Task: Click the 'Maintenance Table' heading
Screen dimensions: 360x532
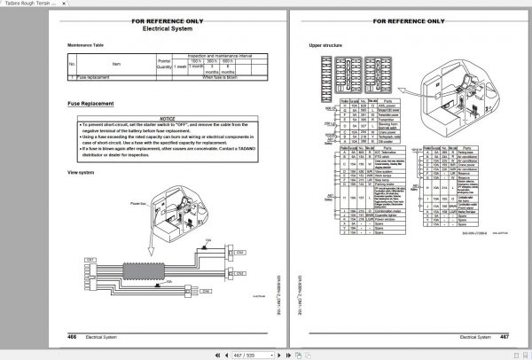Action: coord(87,44)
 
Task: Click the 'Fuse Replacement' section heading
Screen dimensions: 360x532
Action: coord(90,106)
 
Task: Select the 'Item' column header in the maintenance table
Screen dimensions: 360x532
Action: coord(117,64)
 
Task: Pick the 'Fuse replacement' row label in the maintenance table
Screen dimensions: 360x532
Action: coord(93,77)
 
